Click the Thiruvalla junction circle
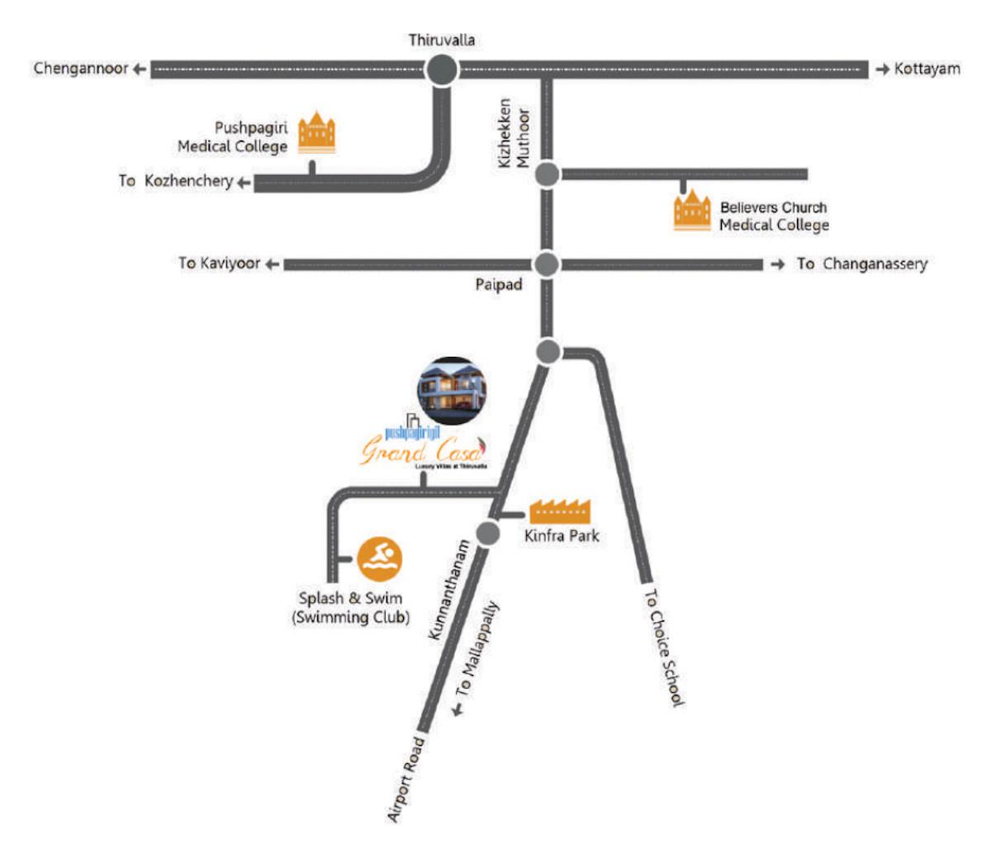click(x=443, y=70)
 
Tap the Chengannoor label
click(x=81, y=69)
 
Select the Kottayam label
click(x=927, y=69)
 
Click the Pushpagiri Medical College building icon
click(x=317, y=132)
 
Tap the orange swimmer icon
click(x=379, y=558)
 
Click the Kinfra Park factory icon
click(x=561, y=510)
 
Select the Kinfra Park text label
click(x=562, y=536)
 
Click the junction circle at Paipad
click(x=545, y=264)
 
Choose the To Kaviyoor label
click(x=219, y=264)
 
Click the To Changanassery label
click(x=861, y=264)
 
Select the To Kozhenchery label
click(x=176, y=181)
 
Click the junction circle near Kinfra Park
click(x=488, y=533)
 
